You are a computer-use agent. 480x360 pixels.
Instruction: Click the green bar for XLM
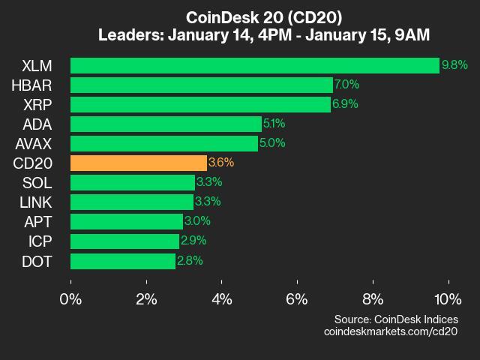[255, 65]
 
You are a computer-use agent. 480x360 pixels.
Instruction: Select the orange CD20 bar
[139, 163]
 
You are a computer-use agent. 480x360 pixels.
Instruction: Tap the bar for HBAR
[202, 85]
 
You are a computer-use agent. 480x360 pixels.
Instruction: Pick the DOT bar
[123, 260]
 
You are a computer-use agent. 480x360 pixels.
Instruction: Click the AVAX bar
[164, 143]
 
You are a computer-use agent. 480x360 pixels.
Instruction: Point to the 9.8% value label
[454, 65]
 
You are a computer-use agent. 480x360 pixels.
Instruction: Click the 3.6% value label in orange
[221, 163]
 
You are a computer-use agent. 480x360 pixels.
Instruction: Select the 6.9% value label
[345, 104]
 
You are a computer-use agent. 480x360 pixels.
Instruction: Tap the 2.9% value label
[193, 241]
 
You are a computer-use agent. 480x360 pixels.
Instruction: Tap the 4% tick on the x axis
[222, 298]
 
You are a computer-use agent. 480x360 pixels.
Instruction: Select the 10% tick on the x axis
[448, 298]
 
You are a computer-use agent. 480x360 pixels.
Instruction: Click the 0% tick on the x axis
[71, 298]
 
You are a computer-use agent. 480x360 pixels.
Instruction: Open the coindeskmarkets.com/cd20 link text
[390, 331]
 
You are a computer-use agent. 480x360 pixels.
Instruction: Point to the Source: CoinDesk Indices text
[395, 319]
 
